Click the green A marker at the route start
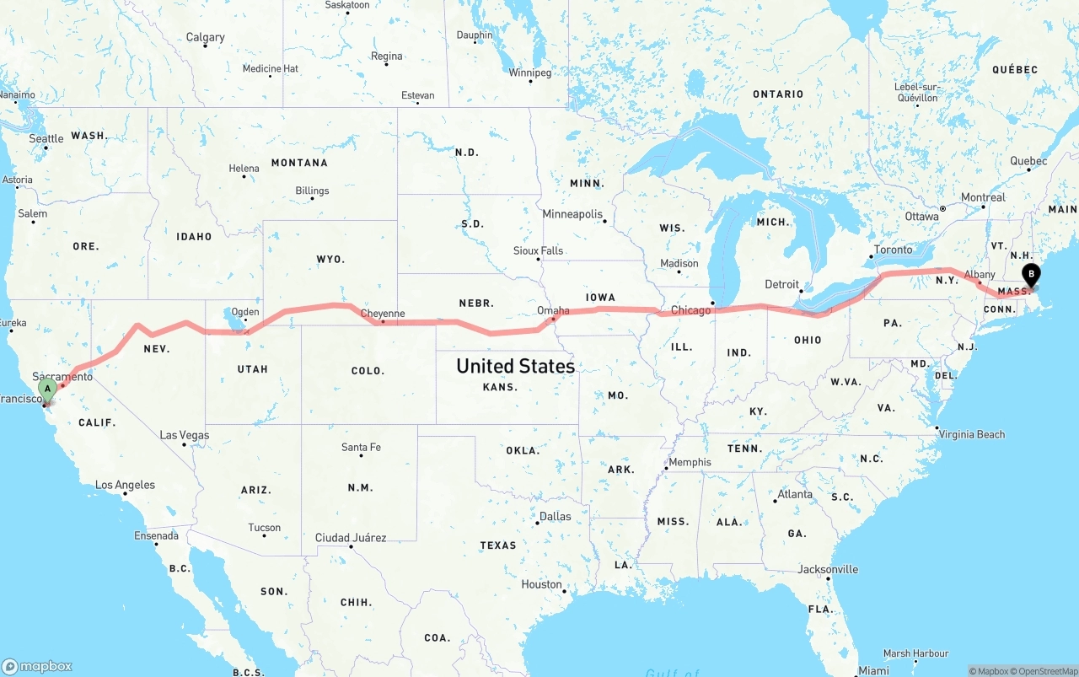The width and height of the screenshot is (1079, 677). [x=48, y=389]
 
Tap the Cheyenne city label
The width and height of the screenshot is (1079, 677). [x=383, y=314]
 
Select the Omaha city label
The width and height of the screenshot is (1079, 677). [x=553, y=310]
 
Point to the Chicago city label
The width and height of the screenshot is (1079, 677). [x=690, y=310]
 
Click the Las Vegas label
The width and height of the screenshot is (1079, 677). [x=185, y=435]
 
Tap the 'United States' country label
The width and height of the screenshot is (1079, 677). [x=515, y=366]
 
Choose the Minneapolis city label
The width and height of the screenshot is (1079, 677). [x=572, y=214]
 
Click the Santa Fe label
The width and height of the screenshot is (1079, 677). [x=361, y=447]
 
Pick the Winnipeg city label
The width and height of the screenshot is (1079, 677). [x=530, y=73]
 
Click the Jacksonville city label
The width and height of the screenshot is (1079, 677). [x=828, y=569]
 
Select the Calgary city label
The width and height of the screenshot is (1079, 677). [x=205, y=37]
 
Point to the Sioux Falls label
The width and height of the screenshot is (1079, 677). [x=538, y=250]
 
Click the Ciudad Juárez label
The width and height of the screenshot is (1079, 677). [x=351, y=537]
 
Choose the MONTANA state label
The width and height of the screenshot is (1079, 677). [x=299, y=163]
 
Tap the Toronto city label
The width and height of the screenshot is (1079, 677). [x=893, y=250]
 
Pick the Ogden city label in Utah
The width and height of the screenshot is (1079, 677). [x=245, y=312]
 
